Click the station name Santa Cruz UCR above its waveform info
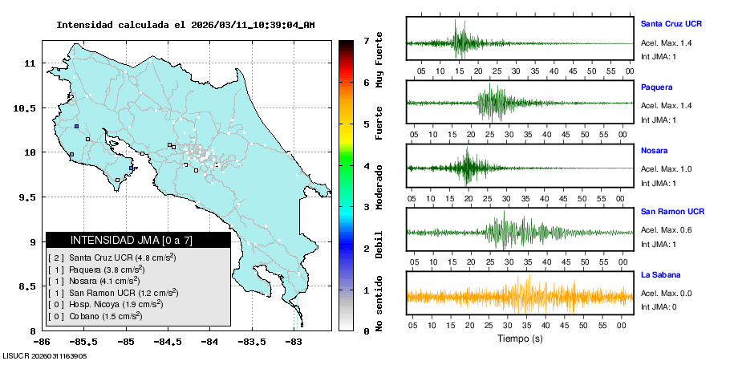pyautogui.click(x=672, y=24)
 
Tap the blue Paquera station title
pyautogui.click(x=656, y=87)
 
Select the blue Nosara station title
pyautogui.click(x=655, y=150)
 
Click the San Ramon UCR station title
pyautogui.click(x=672, y=212)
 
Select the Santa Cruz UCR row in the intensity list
pyautogui.click(x=112, y=257)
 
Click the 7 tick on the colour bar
pyautogui.click(x=366, y=40)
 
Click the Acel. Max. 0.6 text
pyautogui.click(x=667, y=230)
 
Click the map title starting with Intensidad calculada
pyautogui.click(x=185, y=25)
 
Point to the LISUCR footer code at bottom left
pyautogui.click(x=44, y=355)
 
